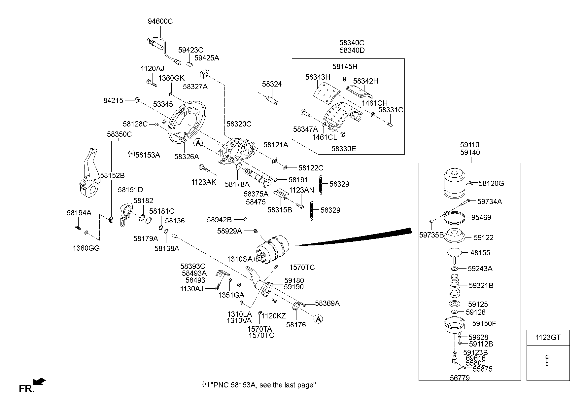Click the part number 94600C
[160, 21]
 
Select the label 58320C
[239, 124]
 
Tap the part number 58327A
[195, 87]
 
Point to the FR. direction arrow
[40, 382]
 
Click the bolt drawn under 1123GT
[548, 360]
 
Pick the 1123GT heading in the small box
[548, 338]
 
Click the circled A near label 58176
[318, 319]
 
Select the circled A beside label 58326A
[198, 143]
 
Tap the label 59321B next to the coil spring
[481, 286]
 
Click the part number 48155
[480, 253]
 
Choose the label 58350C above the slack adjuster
[119, 134]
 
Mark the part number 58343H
[318, 77]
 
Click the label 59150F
[484, 324]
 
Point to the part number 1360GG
[86, 248]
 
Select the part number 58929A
[229, 231]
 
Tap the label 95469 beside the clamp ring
[481, 218]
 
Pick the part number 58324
[272, 84]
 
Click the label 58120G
[491, 184]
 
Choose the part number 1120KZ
[274, 316]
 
